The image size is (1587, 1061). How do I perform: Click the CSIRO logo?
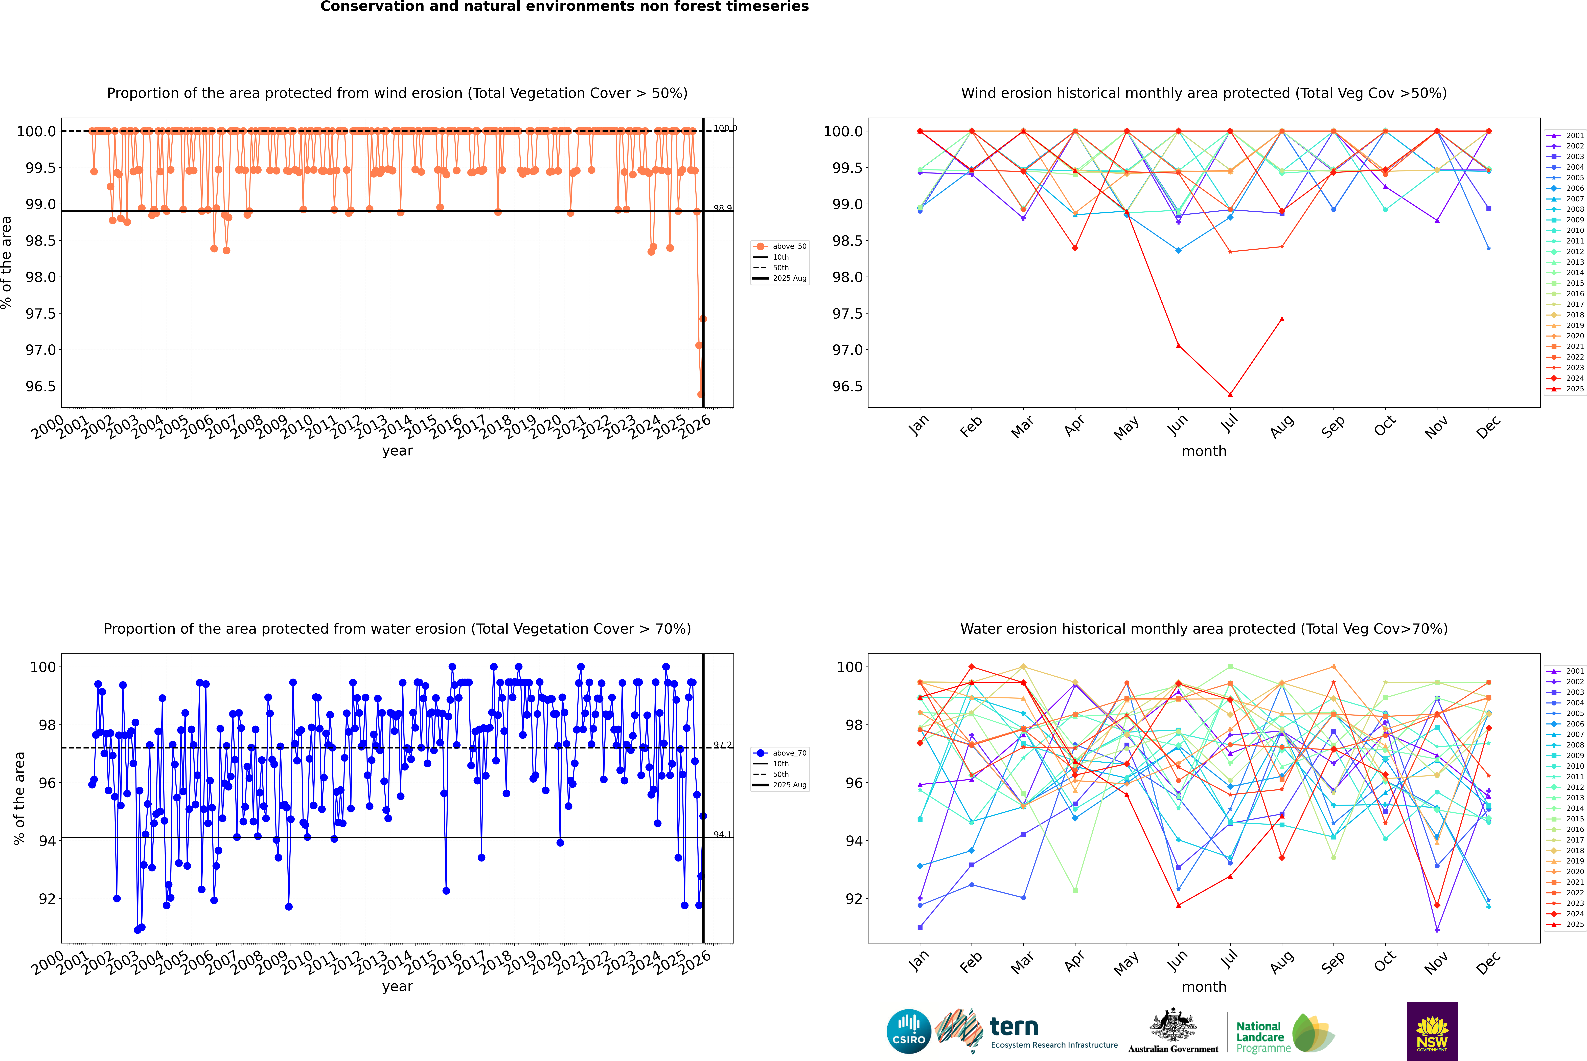coord(909,1031)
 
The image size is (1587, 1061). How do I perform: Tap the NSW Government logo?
coord(1432,1031)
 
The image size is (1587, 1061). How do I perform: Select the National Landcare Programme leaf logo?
coord(1312,1033)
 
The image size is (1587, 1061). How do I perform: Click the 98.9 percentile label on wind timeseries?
coord(722,208)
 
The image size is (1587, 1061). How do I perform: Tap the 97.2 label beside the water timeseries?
coord(722,745)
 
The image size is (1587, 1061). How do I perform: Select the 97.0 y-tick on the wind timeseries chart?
coord(41,350)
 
